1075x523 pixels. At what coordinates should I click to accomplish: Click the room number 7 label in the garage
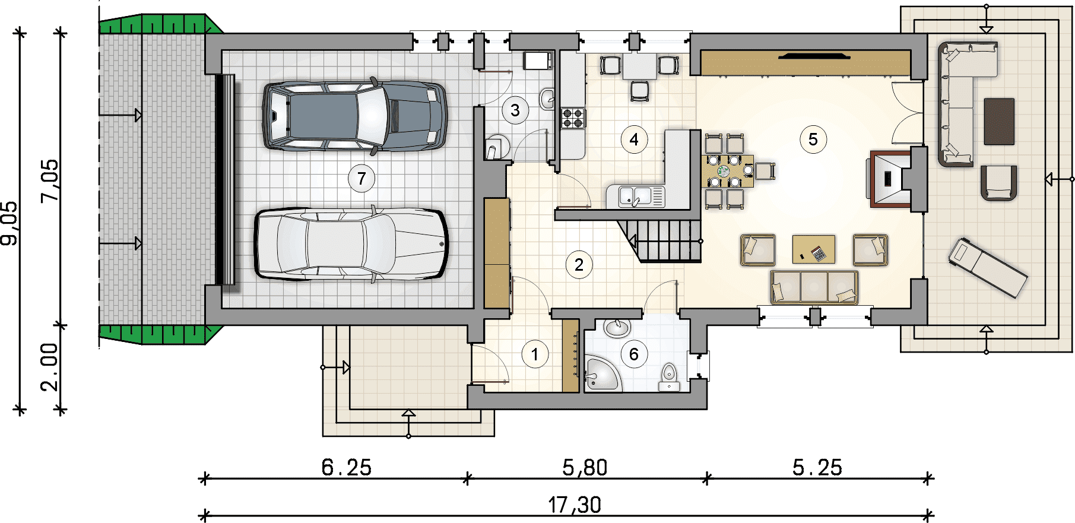tap(361, 178)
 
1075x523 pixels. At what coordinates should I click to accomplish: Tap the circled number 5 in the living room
tap(813, 140)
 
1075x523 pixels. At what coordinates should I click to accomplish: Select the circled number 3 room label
tap(515, 110)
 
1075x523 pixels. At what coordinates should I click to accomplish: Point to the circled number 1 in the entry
tap(535, 354)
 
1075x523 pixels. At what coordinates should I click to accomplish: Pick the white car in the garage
tap(351, 243)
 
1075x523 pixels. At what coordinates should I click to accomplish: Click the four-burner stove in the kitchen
tap(573, 118)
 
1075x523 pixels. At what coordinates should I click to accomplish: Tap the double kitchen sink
tap(636, 196)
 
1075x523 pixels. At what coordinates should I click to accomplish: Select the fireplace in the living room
tap(890, 179)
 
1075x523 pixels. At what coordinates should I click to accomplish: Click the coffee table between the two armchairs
tap(814, 249)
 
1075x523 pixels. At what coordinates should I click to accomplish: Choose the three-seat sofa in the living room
tap(814, 287)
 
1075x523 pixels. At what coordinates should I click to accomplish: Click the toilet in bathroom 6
tap(670, 378)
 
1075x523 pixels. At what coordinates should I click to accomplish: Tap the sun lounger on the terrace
tap(988, 268)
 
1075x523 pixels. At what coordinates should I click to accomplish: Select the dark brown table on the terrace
tap(999, 122)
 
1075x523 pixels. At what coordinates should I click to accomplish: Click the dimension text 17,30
tap(574, 505)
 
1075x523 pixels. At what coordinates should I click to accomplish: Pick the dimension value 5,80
tap(585, 468)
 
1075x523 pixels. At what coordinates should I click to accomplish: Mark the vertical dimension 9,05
tap(10, 223)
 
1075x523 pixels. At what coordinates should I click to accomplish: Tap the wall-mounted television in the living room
tap(814, 56)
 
